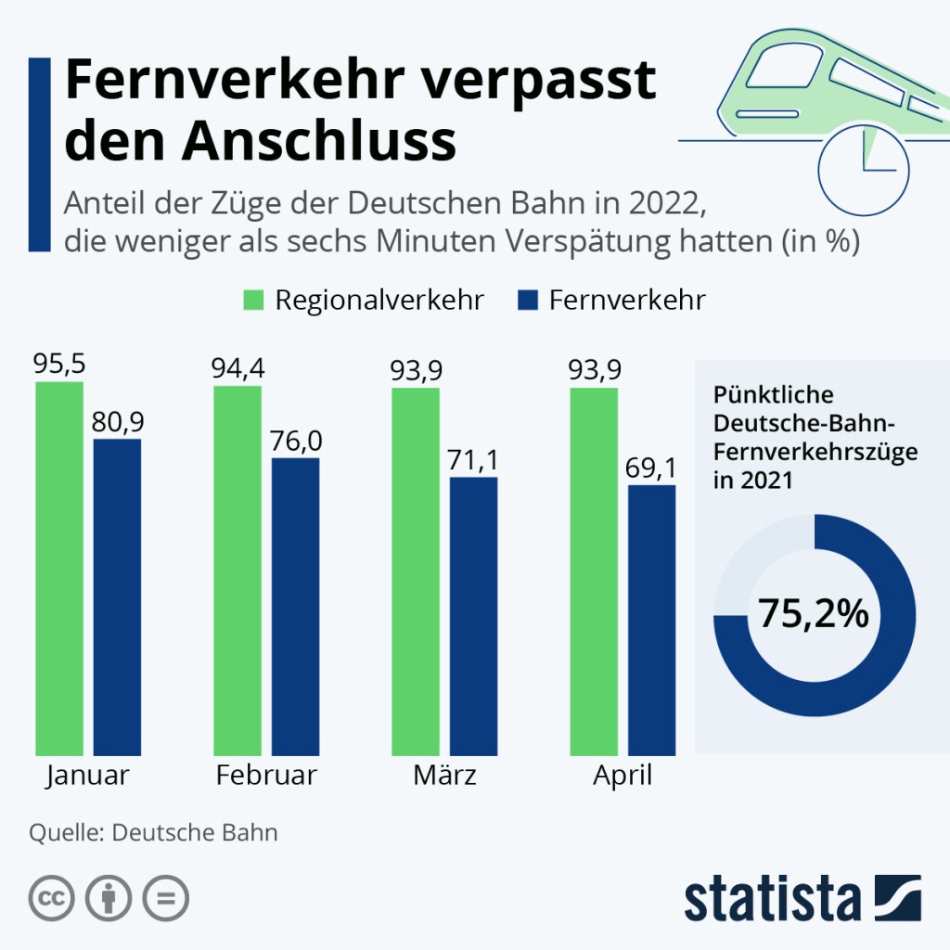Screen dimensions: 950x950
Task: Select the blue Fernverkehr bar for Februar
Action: [x=295, y=607]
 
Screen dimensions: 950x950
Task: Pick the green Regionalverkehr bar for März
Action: [x=416, y=571]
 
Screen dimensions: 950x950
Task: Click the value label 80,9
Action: [x=118, y=422]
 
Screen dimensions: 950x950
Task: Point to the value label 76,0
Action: [x=296, y=441]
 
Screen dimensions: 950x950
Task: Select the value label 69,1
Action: [x=652, y=468]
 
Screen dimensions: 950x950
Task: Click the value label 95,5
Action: [x=59, y=365]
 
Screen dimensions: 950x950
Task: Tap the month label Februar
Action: [x=266, y=776]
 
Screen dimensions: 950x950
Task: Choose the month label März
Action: [x=445, y=776]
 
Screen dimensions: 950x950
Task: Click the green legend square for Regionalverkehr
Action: [x=254, y=300]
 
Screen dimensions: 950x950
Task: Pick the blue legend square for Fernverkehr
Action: [x=527, y=300]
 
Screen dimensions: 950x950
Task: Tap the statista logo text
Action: [x=772, y=898]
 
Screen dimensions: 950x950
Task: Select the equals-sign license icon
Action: [x=165, y=898]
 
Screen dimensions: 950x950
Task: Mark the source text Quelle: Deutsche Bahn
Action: [x=154, y=831]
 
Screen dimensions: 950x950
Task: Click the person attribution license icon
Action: [x=109, y=898]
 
